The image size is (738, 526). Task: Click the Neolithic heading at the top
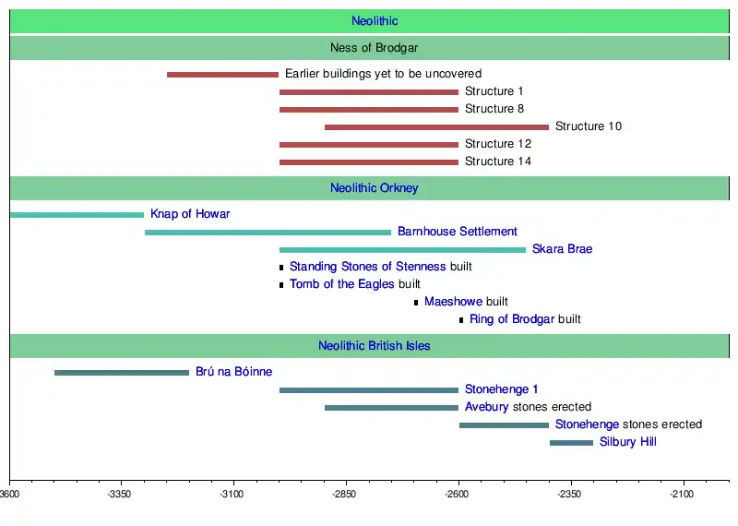click(x=375, y=21)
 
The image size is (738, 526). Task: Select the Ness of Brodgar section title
click(x=375, y=48)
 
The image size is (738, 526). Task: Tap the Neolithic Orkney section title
click(x=375, y=188)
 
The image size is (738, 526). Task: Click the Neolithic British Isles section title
click(x=375, y=346)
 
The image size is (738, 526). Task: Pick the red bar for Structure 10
click(x=436, y=126)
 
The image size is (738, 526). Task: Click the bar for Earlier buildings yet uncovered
click(x=222, y=74)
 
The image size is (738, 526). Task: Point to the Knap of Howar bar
click(x=77, y=215)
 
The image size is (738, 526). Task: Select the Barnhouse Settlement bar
click(x=268, y=233)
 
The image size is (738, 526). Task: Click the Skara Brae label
click(x=562, y=249)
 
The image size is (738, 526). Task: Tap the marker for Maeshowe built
click(x=416, y=303)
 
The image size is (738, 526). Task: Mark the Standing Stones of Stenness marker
click(x=281, y=268)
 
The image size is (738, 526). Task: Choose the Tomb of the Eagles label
click(x=341, y=284)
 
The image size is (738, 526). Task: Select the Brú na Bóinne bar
click(x=122, y=373)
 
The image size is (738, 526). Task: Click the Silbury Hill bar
click(x=571, y=443)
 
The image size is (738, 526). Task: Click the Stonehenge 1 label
click(x=502, y=389)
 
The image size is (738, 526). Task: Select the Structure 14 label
click(x=498, y=161)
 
